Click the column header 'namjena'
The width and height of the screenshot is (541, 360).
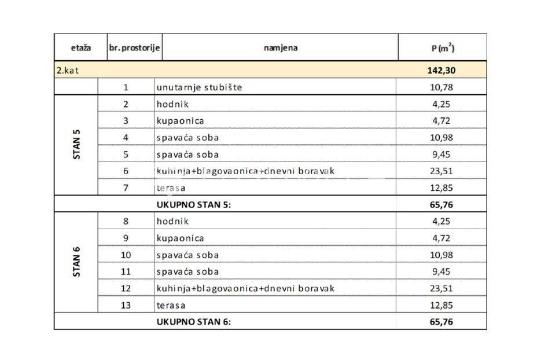[281, 47]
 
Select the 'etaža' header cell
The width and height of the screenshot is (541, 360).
[80, 47]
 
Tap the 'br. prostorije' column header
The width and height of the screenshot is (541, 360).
[134, 47]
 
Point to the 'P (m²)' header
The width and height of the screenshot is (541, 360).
[442, 48]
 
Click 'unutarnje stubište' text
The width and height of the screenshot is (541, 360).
[199, 87]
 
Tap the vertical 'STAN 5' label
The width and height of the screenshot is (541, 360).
[76, 145]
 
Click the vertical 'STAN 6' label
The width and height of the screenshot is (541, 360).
[76, 263]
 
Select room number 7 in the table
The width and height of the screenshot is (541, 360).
[126, 188]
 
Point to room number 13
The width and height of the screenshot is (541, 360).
[126, 305]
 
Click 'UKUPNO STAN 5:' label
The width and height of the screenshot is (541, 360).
[193, 204]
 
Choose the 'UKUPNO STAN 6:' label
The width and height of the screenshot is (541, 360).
[193, 322]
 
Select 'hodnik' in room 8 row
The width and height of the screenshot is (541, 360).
[172, 221]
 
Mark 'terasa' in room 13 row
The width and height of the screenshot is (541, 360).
[171, 305]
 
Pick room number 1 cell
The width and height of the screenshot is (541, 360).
[126, 87]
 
